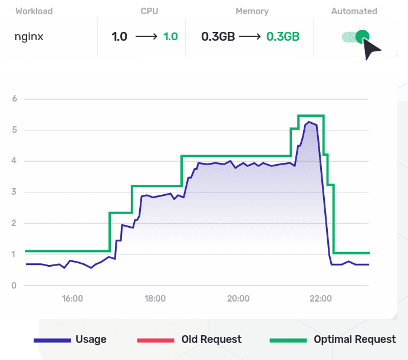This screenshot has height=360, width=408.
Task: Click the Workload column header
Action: pyautogui.click(x=34, y=11)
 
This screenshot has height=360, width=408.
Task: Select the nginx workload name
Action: pyautogui.click(x=29, y=37)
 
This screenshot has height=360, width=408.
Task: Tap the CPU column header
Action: pyautogui.click(x=149, y=11)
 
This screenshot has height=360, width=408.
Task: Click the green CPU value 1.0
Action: pyautogui.click(x=170, y=37)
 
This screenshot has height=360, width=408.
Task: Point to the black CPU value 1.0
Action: pyautogui.click(x=119, y=37)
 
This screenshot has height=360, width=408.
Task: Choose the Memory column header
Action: pyautogui.click(x=252, y=11)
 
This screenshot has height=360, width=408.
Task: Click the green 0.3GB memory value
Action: pyautogui.click(x=283, y=37)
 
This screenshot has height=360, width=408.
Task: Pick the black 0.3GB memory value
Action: pyautogui.click(x=218, y=37)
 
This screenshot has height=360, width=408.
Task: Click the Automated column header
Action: pyautogui.click(x=354, y=11)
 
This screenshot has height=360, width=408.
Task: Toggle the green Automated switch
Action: pyautogui.click(x=356, y=37)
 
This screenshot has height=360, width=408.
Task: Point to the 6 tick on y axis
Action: pyautogui.click(x=14, y=99)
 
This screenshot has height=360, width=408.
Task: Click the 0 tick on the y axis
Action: pyautogui.click(x=14, y=286)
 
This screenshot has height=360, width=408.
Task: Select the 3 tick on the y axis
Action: pyautogui.click(x=14, y=192)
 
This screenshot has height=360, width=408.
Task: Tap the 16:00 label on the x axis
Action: pyautogui.click(x=72, y=299)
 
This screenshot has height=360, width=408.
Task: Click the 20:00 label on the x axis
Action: pyautogui.click(x=238, y=299)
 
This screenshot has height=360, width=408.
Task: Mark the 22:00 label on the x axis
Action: pyautogui.click(x=320, y=299)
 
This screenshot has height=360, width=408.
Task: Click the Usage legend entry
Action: pyautogui.click(x=91, y=339)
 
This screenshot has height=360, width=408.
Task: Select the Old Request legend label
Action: pyautogui.click(x=212, y=339)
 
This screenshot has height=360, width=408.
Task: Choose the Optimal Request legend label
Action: pyautogui.click(x=354, y=339)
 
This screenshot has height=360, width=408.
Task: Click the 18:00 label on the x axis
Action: pyautogui.click(x=155, y=299)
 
